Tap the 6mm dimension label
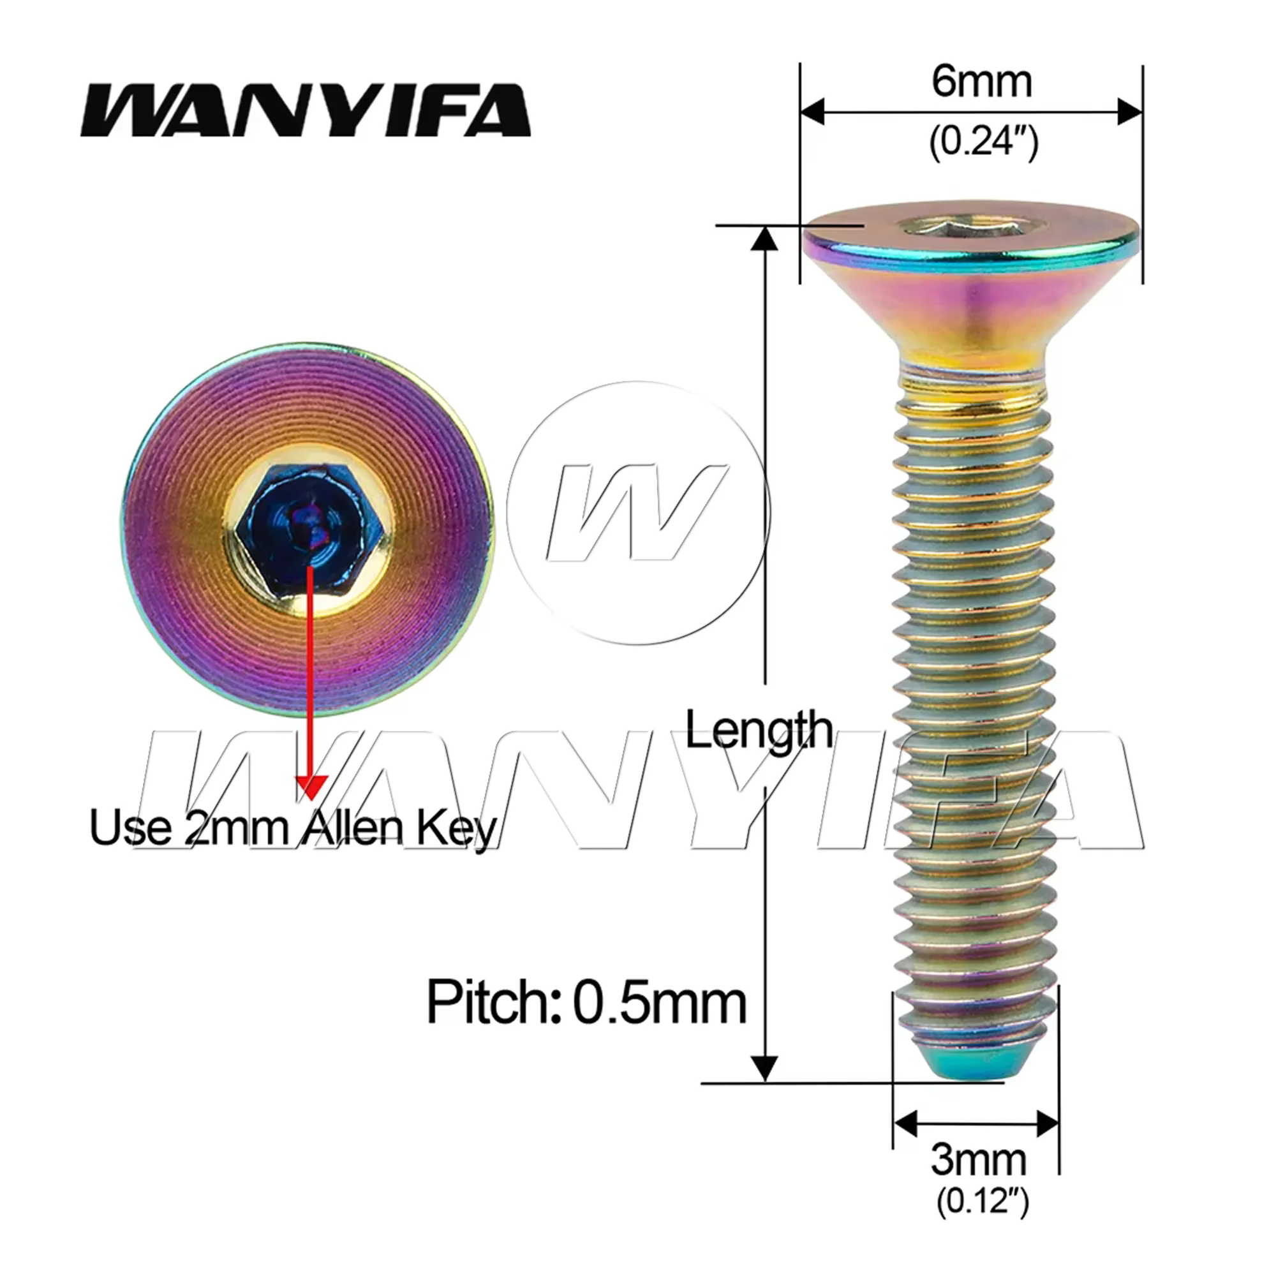pos(981,82)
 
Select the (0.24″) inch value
pos(983,140)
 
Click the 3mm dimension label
pos(978,1160)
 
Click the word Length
pos(759,730)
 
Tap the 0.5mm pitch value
pos(659,1002)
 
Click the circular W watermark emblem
pos(638,513)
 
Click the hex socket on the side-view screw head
pos(933,226)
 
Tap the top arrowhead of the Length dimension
pos(765,239)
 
